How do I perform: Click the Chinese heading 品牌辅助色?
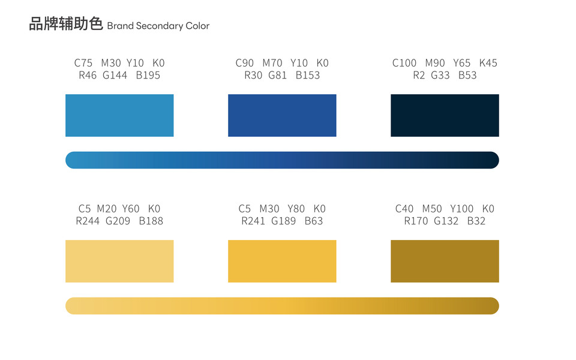66,25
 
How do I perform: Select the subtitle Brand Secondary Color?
158,26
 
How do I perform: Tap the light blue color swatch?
119,115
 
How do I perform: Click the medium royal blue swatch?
282,115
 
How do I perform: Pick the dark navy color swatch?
445,115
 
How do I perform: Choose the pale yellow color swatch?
119,261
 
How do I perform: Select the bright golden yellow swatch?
282,261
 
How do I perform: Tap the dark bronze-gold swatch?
445,261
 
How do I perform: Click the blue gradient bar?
282,160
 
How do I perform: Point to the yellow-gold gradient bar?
282,305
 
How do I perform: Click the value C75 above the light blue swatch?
85,63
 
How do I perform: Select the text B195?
148,76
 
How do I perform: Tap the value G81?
278,76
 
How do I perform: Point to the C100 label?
404,63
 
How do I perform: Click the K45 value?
488,63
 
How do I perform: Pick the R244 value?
88,221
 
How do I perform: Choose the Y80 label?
296,209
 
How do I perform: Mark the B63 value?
314,221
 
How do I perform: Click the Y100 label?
462,209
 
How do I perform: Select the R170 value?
416,221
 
